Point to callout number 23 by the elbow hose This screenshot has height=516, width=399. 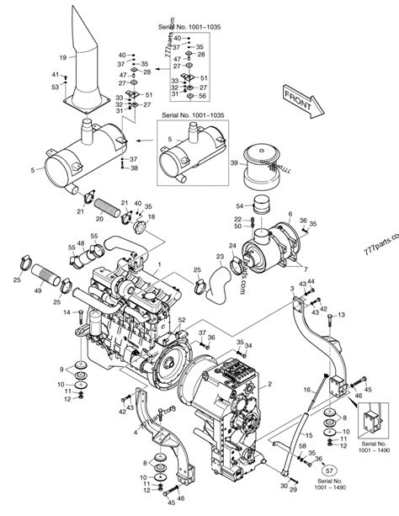point(219,257)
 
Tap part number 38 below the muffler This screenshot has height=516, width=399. point(134,168)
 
